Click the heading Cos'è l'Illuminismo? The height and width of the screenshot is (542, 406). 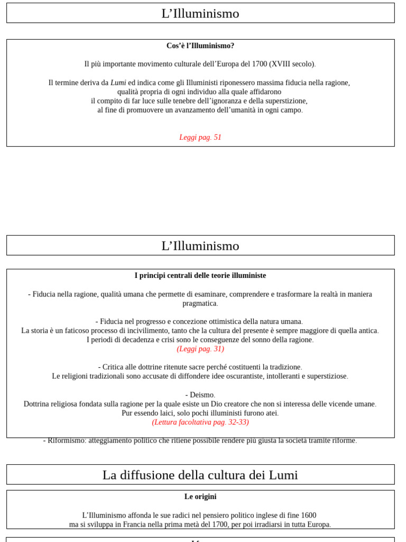(x=200, y=46)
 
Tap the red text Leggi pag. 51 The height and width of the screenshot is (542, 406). (x=200, y=138)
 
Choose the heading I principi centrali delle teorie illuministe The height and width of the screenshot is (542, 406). (x=200, y=276)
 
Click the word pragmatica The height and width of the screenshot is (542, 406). (x=200, y=304)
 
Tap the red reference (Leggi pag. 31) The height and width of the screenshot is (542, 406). (x=200, y=349)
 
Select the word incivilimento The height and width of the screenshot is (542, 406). (x=150, y=331)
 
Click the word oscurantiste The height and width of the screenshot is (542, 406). (x=250, y=376)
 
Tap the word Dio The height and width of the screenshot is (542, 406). (x=202, y=404)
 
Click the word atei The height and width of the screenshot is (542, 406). (x=270, y=413)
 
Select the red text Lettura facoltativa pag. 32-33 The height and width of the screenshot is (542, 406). (x=200, y=422)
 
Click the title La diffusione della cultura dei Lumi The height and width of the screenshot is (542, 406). (x=200, y=475)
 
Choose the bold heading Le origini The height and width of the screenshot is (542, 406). (x=200, y=497)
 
